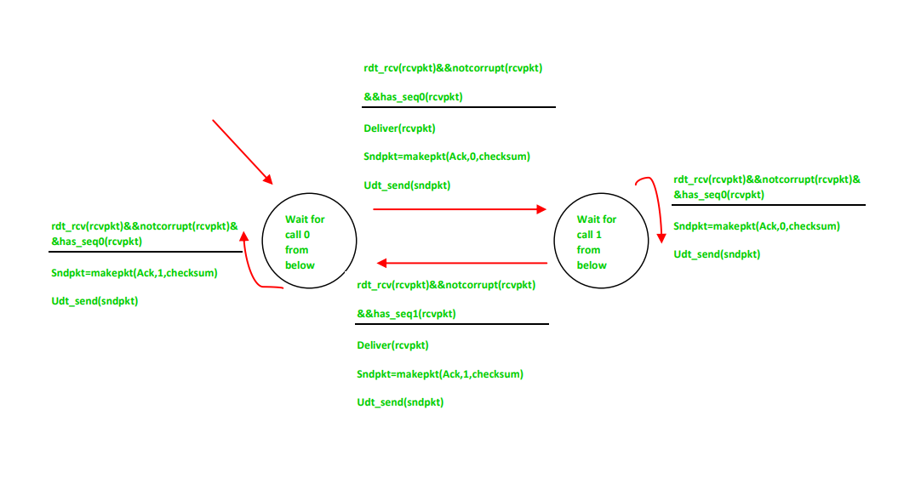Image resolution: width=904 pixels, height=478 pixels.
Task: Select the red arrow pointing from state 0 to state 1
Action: coord(460,208)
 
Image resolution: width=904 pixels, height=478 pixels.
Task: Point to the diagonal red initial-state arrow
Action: coord(242,151)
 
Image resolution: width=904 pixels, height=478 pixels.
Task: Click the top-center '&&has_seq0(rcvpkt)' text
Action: coord(413,97)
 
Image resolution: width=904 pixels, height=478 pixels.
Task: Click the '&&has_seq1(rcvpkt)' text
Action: coord(406,314)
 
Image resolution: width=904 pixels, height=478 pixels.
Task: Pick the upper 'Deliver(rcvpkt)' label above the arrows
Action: coord(399,128)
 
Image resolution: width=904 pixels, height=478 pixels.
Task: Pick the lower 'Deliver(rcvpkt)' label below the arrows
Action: coord(392,345)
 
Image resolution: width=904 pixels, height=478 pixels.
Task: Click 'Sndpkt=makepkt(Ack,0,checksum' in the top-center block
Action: coord(448,156)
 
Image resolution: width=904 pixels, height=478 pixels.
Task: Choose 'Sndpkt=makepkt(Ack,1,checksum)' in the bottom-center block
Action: coord(440,373)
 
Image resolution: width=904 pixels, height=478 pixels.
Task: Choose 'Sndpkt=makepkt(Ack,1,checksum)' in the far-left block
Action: coord(134,273)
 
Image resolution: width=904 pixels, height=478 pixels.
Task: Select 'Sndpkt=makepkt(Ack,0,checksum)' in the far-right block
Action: coord(757,226)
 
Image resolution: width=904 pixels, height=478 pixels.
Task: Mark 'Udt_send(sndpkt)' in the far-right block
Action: coord(717,254)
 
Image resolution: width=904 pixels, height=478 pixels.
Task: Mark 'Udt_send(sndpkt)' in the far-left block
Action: coord(94,301)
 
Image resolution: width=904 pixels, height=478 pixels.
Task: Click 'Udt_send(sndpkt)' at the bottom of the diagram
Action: coord(400,402)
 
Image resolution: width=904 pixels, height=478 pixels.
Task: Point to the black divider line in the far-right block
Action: coord(768,205)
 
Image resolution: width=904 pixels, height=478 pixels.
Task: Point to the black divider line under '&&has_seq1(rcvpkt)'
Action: coord(452,324)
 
